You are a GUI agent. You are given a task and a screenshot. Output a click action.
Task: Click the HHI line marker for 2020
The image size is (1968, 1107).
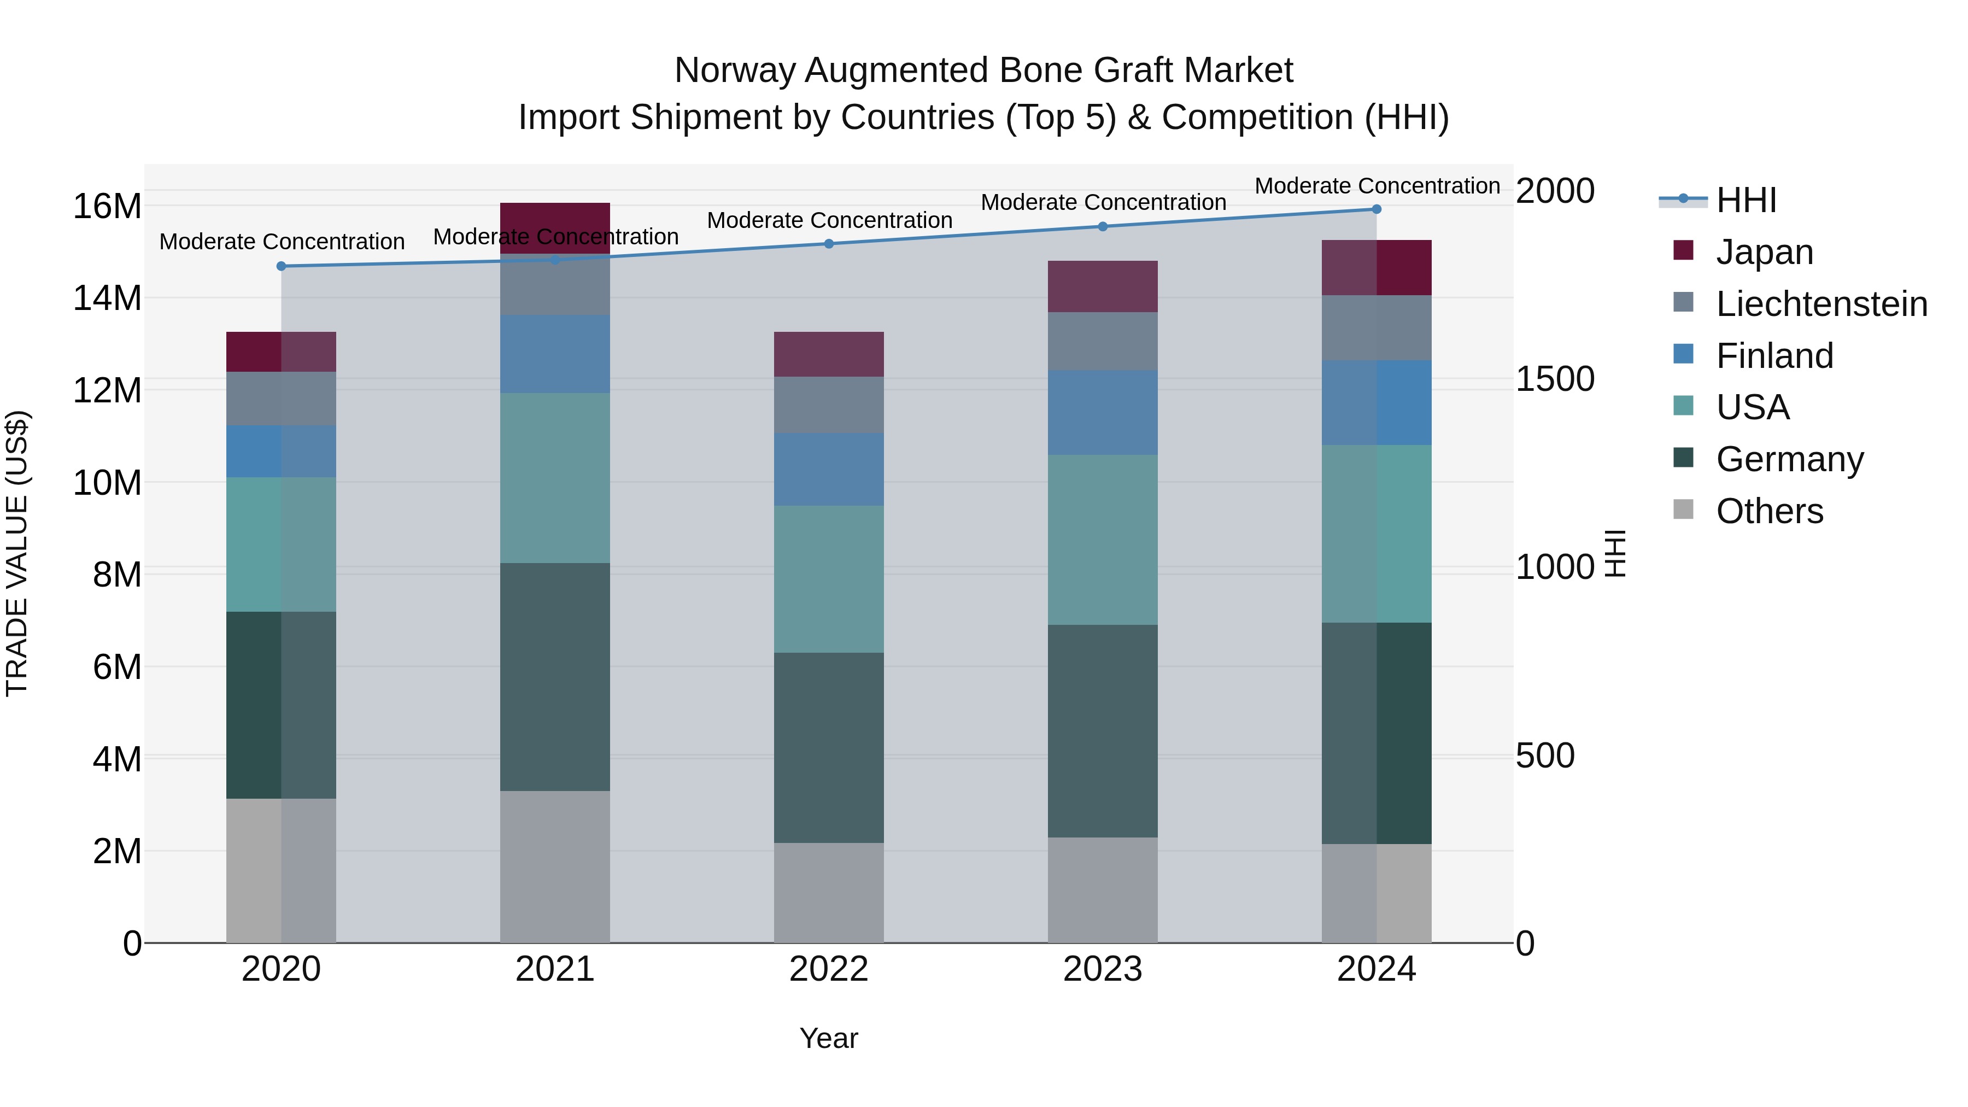point(281,266)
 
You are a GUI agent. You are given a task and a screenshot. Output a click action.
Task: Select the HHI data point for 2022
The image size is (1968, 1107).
point(829,244)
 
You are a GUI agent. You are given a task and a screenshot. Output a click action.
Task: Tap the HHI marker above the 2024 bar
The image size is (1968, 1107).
point(1377,209)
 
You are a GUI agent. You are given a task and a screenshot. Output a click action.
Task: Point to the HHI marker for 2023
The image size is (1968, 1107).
point(1103,226)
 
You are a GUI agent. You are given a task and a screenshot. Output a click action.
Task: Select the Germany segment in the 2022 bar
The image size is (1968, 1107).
point(829,747)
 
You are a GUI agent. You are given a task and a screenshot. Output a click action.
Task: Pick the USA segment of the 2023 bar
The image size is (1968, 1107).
point(1103,540)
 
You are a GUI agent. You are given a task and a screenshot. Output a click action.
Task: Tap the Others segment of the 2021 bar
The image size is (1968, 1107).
point(555,866)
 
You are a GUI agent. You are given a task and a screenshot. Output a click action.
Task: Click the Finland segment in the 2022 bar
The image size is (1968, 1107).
point(829,469)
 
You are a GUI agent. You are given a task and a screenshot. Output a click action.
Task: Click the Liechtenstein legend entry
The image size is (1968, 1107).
point(1821,304)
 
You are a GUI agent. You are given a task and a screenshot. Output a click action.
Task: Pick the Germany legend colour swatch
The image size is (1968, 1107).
point(1683,458)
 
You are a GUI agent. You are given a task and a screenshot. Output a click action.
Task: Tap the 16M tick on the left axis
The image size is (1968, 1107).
point(107,206)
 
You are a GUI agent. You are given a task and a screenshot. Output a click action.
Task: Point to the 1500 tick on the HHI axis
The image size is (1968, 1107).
point(1555,379)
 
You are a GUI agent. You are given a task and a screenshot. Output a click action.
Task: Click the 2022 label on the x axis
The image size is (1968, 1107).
point(829,969)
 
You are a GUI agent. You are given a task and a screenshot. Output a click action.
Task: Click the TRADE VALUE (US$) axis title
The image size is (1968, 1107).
point(17,553)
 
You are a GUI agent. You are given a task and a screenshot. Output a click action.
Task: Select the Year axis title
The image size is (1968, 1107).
point(829,1038)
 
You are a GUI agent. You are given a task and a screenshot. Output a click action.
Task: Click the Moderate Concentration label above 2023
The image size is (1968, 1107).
point(1103,202)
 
